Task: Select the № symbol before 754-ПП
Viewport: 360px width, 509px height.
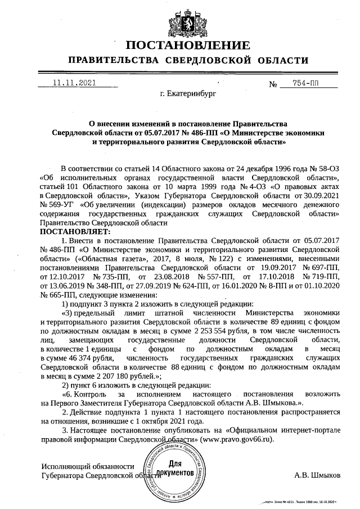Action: (274, 85)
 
